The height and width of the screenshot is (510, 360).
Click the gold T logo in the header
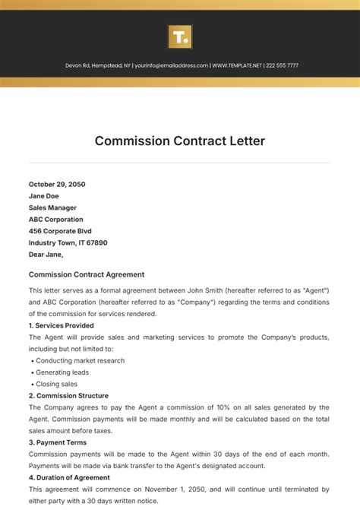pyautogui.click(x=180, y=36)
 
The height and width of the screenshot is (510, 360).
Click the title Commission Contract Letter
pyautogui.click(x=180, y=141)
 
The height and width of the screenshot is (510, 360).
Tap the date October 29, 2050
pyautogui.click(x=57, y=184)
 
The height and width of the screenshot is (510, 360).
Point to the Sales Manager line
pyautogui.click(x=52, y=207)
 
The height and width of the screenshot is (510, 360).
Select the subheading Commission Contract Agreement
pyautogui.click(x=87, y=274)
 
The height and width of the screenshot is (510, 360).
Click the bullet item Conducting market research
pyautogui.click(x=81, y=360)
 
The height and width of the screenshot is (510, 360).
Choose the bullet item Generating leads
pyautogui.click(x=62, y=372)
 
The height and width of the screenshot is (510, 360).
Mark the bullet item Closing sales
pyautogui.click(x=57, y=384)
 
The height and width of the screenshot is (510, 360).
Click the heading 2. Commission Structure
pyautogui.click(x=68, y=396)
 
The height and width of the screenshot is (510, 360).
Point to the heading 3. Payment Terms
pyautogui.click(x=58, y=442)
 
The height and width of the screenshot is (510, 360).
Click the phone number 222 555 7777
pyautogui.click(x=283, y=65)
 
